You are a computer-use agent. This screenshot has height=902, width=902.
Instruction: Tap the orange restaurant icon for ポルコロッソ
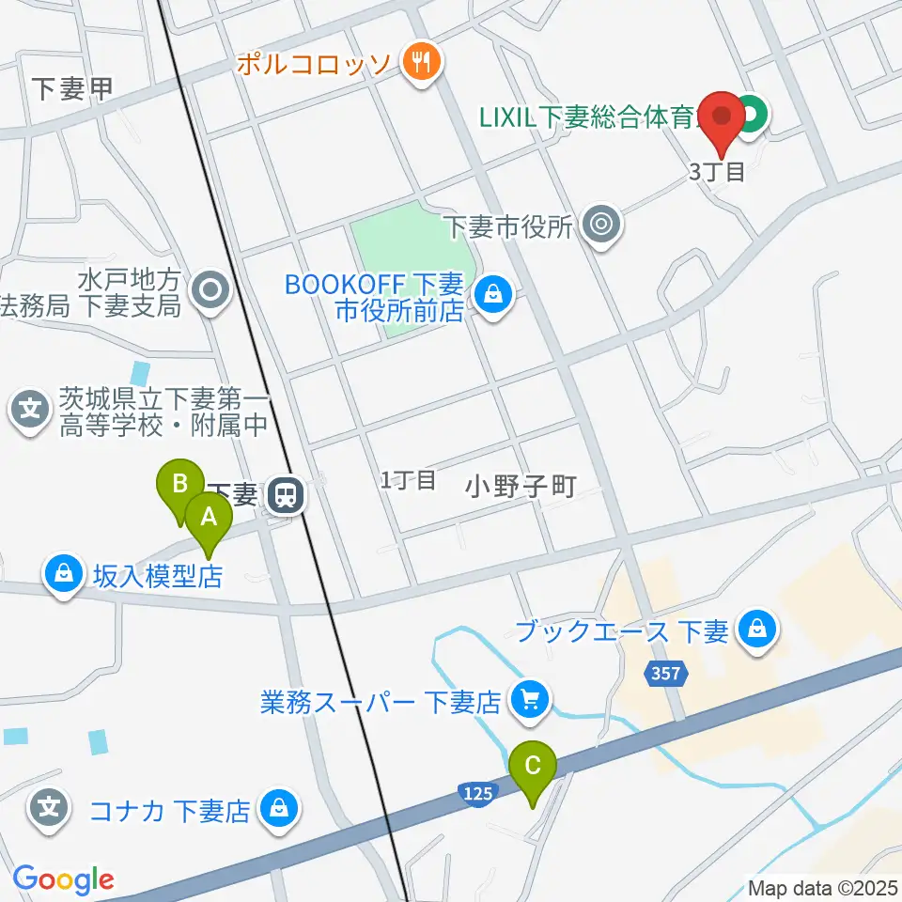click(x=416, y=63)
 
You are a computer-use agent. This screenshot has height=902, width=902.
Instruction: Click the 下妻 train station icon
click(x=284, y=495)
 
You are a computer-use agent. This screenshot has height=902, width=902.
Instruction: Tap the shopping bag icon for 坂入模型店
click(x=64, y=574)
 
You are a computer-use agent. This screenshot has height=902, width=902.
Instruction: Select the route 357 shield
click(x=667, y=673)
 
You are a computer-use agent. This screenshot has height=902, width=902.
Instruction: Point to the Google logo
click(x=63, y=879)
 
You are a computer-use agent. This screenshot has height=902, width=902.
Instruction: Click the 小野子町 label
click(x=520, y=486)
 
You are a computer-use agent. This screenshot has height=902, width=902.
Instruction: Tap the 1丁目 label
click(x=408, y=480)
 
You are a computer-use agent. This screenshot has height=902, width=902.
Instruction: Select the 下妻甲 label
click(x=71, y=89)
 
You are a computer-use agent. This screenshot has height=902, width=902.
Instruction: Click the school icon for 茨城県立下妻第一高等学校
click(x=31, y=411)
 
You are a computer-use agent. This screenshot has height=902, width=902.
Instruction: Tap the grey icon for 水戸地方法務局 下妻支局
click(x=210, y=290)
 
